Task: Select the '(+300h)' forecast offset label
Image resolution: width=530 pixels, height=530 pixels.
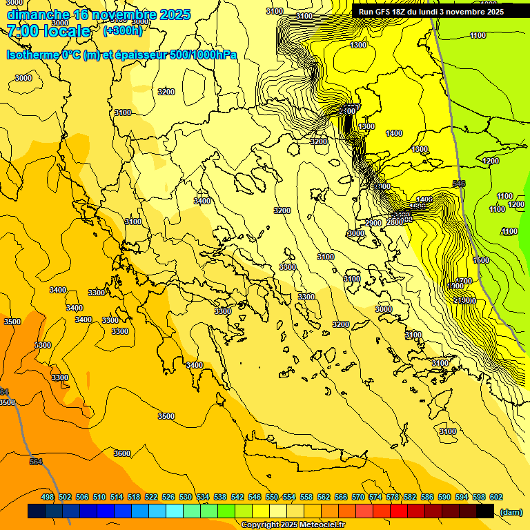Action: point(122,31)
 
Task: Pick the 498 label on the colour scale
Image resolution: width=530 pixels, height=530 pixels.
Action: point(48,498)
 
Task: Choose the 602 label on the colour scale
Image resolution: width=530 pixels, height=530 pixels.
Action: point(496,498)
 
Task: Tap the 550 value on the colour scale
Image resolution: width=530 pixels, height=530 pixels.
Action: point(272,498)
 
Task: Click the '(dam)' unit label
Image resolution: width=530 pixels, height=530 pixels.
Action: point(511,512)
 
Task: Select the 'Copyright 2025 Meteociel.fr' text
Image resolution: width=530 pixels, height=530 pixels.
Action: point(293,525)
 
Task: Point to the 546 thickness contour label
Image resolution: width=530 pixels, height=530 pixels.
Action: point(459,184)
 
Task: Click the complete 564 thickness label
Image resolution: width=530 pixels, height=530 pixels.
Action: point(36,462)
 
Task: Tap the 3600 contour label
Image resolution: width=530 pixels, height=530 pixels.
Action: point(121,453)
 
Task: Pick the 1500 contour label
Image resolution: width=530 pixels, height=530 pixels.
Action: point(482,260)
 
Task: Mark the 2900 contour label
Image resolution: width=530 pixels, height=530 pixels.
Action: point(373,223)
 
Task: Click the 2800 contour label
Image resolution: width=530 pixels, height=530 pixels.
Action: point(394,222)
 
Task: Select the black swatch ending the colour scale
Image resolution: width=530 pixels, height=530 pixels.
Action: point(485,511)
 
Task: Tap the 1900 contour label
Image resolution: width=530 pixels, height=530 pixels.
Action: point(455,286)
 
